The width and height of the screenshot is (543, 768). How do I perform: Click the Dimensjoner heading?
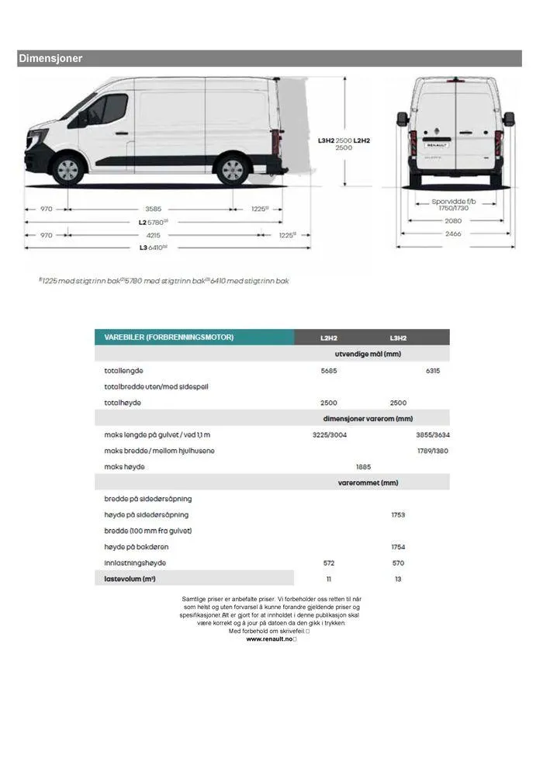tap(50, 59)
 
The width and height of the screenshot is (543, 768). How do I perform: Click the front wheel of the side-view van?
tap(68, 169)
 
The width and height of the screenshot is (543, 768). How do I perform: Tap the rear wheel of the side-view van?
tap(231, 169)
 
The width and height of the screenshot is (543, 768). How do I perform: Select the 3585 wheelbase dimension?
tap(153, 209)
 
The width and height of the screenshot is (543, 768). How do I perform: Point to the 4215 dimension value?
tap(153, 235)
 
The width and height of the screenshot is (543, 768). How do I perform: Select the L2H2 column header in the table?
tap(329, 338)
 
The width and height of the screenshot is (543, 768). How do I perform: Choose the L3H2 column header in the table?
tap(398, 338)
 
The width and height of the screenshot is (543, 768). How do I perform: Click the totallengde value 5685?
tap(329, 371)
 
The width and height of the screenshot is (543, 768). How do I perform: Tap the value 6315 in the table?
tap(433, 371)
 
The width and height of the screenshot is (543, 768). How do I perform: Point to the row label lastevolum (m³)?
tap(130, 579)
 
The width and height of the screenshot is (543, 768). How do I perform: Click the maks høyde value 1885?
tap(363, 467)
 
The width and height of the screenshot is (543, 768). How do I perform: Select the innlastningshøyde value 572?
tap(329, 563)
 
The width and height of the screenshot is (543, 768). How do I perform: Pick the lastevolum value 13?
tap(398, 579)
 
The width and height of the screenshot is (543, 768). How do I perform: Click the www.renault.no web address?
tap(271, 639)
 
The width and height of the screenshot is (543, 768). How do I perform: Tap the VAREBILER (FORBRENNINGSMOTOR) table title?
tap(169, 337)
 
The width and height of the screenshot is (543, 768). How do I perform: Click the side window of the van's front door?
tap(107, 109)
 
